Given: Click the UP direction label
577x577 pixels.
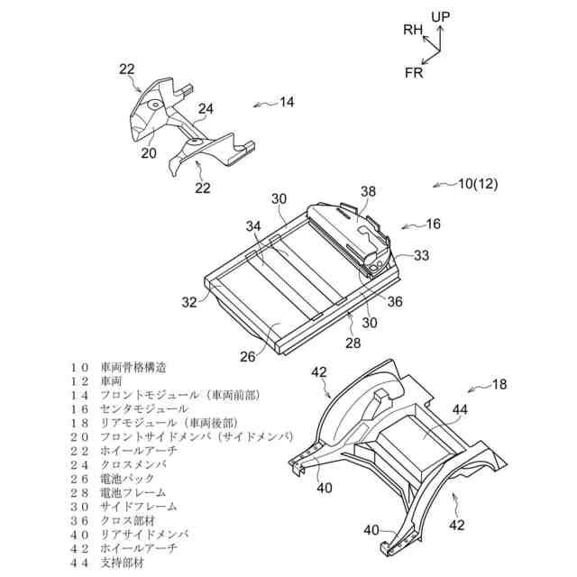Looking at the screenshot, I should pyautogui.click(x=440, y=16).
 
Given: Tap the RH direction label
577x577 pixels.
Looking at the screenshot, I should pyautogui.click(x=413, y=31).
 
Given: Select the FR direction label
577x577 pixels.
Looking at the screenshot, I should pyautogui.click(x=414, y=72).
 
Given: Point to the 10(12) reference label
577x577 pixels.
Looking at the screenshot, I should pyautogui.click(x=478, y=184).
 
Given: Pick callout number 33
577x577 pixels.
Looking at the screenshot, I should pyautogui.click(x=422, y=255).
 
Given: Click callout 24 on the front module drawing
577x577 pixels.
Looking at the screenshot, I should pyautogui.click(x=206, y=110).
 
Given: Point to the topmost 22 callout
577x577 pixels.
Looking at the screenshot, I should pyautogui.click(x=127, y=68).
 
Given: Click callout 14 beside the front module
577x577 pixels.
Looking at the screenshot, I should pyautogui.click(x=286, y=102).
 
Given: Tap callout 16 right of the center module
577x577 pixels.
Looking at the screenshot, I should pyautogui.click(x=434, y=223).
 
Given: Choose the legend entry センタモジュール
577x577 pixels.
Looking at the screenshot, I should pyautogui.click(x=144, y=408).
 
